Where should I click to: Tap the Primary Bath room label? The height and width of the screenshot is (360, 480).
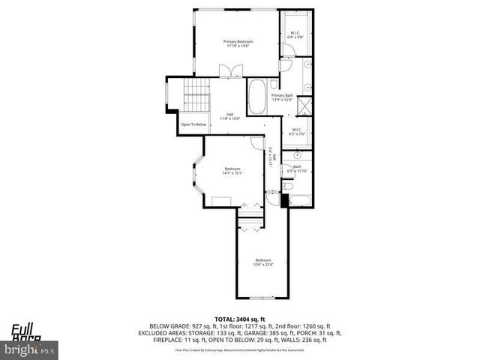282,98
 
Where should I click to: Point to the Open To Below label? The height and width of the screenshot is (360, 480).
193,124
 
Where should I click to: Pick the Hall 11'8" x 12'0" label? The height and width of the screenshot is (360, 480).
229,117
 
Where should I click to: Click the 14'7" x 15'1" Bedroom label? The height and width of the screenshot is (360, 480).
232,171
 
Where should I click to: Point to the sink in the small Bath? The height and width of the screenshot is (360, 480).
296,157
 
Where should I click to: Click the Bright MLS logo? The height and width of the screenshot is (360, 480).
30,349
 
